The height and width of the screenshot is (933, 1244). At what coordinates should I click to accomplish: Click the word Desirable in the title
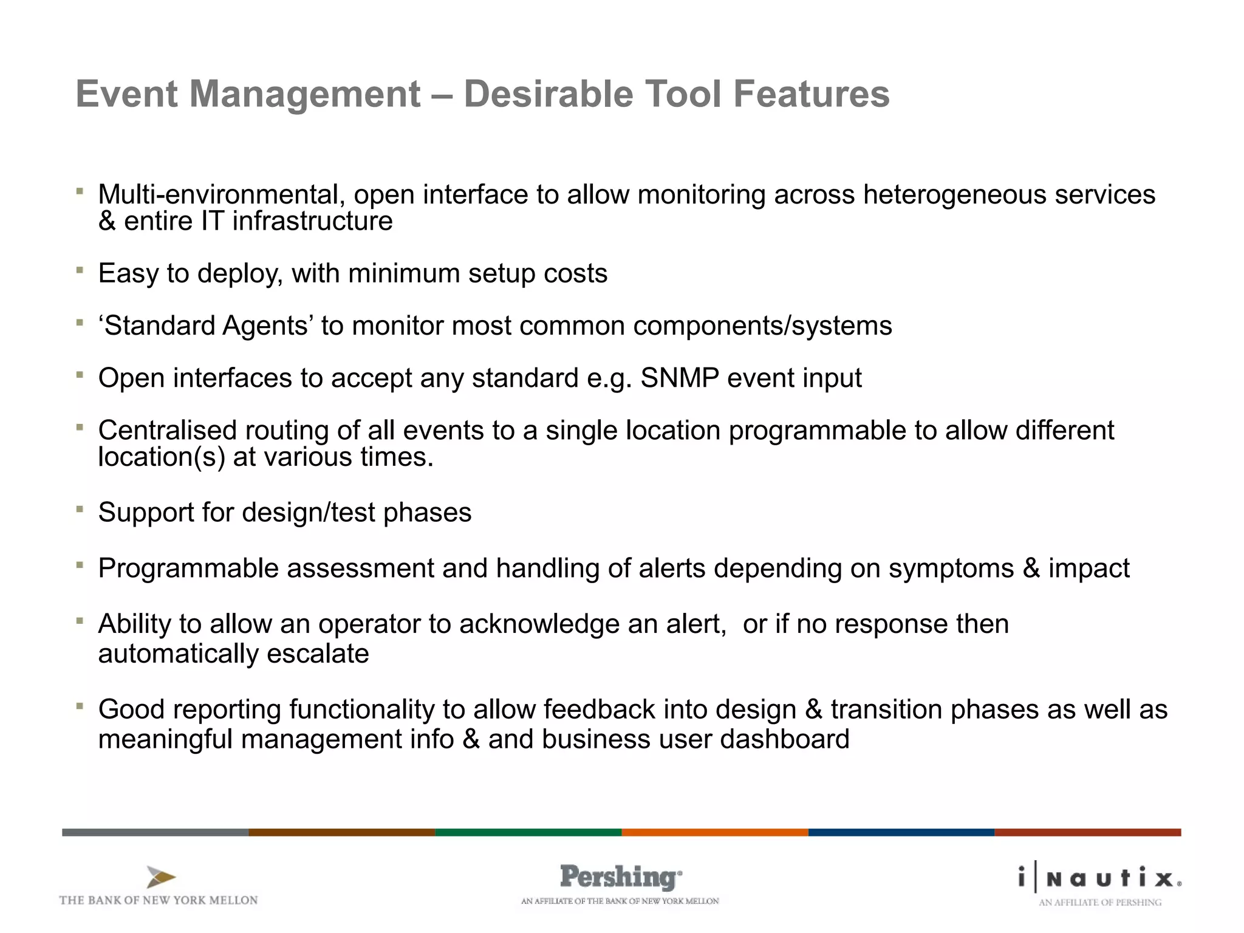coord(548,94)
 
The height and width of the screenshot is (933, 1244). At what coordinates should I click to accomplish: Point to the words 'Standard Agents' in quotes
coord(206,326)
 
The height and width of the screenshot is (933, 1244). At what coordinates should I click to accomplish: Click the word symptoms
coord(951,569)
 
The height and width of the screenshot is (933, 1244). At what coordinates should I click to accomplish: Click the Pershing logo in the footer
coord(620,878)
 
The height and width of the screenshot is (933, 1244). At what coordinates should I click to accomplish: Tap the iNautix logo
coord(1100,878)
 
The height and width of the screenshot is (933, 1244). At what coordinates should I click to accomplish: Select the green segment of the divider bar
coord(528,832)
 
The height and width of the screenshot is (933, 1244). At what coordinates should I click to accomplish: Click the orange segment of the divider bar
coord(714,832)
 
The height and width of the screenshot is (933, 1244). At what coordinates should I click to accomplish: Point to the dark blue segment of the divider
coord(901,832)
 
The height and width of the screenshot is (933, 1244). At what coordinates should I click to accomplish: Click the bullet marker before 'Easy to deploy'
coord(80,270)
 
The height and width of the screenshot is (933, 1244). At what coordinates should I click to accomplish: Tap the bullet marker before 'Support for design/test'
coord(80,509)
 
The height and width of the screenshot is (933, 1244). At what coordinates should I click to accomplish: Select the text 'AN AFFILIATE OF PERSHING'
coord(1100,903)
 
